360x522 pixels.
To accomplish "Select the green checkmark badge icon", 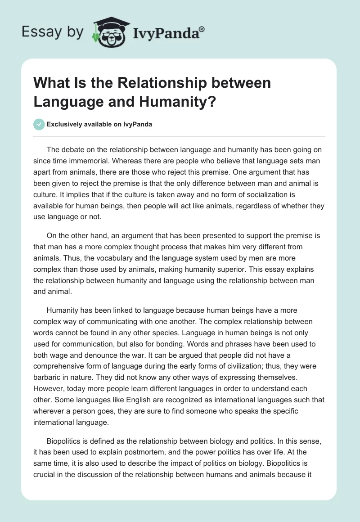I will coord(39,124).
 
